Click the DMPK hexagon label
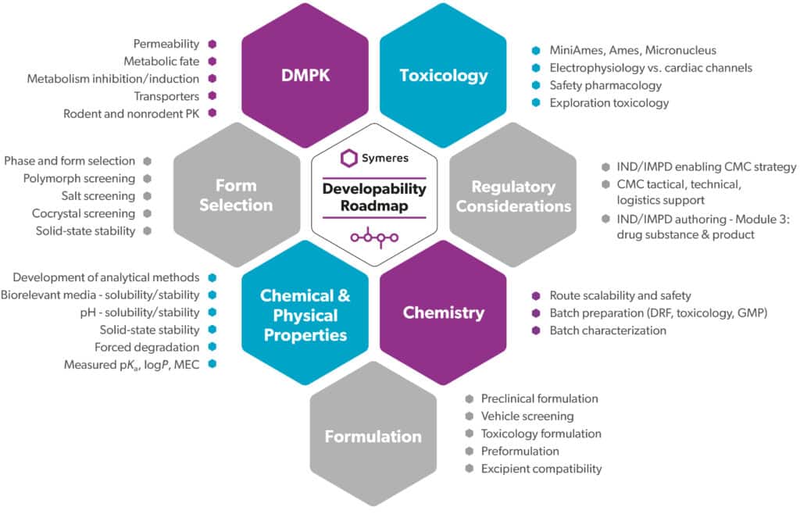(304, 75)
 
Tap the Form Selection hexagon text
(235, 195)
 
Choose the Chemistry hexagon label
(443, 312)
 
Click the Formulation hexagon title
(373, 436)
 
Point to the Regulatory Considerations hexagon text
(513, 196)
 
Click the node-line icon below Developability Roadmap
(374, 237)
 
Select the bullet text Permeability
(166, 44)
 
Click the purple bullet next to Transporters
(212, 96)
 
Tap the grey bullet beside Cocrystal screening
(147, 213)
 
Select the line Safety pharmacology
(605, 85)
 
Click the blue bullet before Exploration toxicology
(535, 102)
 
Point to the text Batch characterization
(608, 330)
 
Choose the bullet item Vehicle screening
(527, 416)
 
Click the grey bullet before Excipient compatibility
(469, 469)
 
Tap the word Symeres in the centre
(385, 158)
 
